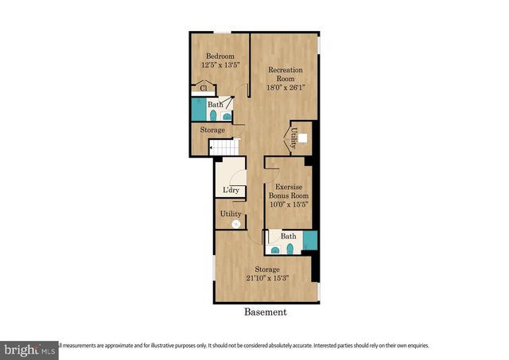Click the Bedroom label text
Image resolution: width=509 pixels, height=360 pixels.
220,56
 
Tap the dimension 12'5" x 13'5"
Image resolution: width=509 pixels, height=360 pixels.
220,66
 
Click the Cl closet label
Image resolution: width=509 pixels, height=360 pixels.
204,88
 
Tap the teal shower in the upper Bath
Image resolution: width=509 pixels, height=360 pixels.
196,109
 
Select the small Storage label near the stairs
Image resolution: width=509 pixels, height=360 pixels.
212,130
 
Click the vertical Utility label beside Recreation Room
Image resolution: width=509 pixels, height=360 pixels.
293,138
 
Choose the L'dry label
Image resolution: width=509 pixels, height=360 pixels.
231,190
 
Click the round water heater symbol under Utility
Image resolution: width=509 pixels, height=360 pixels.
235,225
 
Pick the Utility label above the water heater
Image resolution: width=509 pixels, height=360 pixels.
231,214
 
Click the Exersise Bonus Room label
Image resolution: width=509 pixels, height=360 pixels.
287,190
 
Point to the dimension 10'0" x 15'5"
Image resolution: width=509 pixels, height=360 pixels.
287,204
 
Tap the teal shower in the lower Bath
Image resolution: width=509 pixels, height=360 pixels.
310,240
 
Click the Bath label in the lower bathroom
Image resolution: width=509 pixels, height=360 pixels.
288,236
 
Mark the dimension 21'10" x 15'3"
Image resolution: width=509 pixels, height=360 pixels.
266,277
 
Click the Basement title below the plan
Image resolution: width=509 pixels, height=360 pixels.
265,312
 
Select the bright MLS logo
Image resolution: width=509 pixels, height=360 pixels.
28,350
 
